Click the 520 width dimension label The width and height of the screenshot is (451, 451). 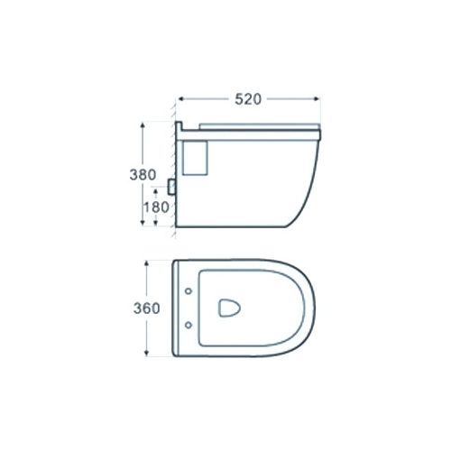click(x=248, y=99)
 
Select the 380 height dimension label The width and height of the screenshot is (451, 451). click(x=143, y=175)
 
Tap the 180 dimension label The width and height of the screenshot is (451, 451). click(x=156, y=207)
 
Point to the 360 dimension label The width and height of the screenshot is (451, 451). click(x=146, y=308)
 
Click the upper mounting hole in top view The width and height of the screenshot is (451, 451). click(x=189, y=291)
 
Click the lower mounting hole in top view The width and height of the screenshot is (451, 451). click(x=189, y=325)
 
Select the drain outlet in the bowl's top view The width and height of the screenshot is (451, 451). click(x=229, y=308)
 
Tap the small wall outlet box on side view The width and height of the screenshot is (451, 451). click(x=172, y=187)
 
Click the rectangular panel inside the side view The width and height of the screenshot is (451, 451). click(x=195, y=158)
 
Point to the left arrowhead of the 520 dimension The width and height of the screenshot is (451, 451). click(x=181, y=98)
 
